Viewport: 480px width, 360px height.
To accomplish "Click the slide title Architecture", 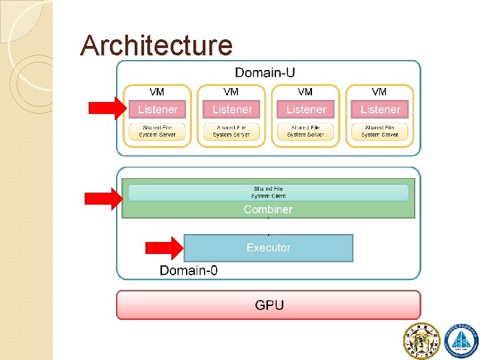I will click(156, 45).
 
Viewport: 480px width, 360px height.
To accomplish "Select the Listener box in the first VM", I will click(157, 109).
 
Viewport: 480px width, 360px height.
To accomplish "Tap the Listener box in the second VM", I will click(231, 109).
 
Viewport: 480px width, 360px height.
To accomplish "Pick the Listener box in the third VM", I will click(306, 109).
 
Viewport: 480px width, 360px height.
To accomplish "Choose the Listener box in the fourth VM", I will click(380, 109).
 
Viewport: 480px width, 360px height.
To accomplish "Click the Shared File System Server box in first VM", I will click(157, 131).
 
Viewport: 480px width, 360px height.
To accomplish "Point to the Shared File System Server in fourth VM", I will click(380, 131).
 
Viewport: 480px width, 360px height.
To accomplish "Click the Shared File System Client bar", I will click(268, 193).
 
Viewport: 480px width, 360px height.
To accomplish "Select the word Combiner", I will click(268, 209).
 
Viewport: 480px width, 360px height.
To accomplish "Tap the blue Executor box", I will click(268, 247).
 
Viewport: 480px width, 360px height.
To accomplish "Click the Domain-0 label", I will click(188, 270).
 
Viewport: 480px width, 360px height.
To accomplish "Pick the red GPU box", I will click(269, 305).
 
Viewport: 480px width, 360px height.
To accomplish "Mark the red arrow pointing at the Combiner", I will click(103, 197).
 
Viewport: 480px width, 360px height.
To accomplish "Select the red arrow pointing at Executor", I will click(164, 247).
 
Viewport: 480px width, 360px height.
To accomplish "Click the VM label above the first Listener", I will click(157, 92).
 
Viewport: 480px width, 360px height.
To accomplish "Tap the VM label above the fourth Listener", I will click(379, 92).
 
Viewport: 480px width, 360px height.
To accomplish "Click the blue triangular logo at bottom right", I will click(461, 340).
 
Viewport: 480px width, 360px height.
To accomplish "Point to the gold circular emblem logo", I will click(421, 340).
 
